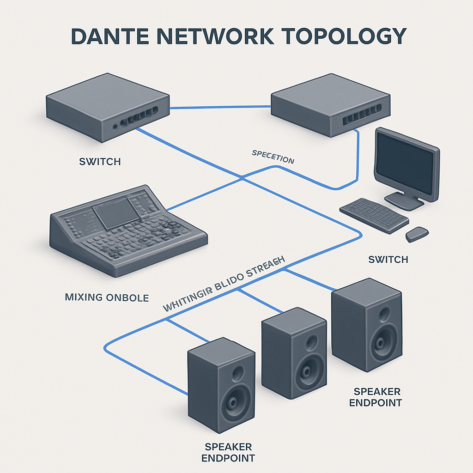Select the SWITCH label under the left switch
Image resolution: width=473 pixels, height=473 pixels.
(x=100, y=162)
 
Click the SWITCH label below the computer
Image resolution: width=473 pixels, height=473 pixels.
(x=388, y=260)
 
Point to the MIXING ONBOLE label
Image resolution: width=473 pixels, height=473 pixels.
(x=107, y=297)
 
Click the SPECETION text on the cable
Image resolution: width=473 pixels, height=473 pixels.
(x=273, y=158)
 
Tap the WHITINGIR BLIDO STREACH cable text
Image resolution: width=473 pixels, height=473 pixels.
(x=224, y=285)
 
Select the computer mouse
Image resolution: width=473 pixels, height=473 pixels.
(x=417, y=234)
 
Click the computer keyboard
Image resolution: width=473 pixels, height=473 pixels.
(x=374, y=215)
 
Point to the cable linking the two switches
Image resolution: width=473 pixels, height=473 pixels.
(x=220, y=108)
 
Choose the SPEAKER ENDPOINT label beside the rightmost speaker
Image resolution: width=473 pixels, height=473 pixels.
(x=375, y=397)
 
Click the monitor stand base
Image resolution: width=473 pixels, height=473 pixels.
(x=404, y=200)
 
